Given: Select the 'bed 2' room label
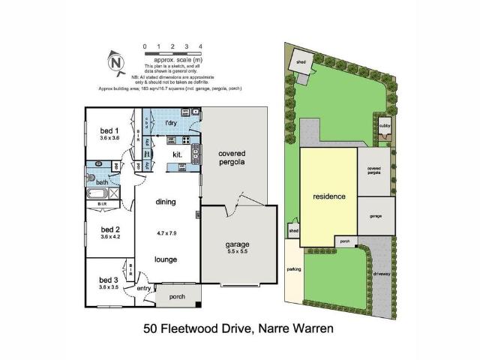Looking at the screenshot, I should point(110,229).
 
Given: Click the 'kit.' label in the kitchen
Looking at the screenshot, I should point(178,154).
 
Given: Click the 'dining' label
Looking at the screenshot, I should point(165,202).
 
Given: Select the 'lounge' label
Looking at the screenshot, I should point(166,259).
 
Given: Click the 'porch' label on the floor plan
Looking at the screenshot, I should point(177,295).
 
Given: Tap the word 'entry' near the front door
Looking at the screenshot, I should point(143,288).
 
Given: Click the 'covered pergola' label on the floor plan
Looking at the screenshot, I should point(232,158).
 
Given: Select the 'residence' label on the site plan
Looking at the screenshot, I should point(328,196).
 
